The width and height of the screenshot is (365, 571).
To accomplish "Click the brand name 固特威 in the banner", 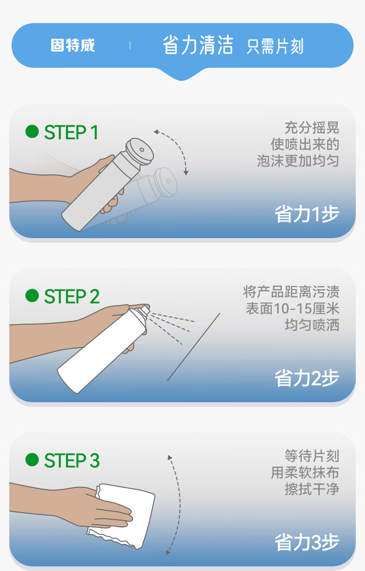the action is coord(73,45).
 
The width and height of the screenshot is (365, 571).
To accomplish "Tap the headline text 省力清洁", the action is coord(198,45).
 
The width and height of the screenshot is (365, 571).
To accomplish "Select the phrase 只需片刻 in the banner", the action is coord(275,46).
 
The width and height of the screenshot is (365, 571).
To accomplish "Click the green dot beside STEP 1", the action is coord(32,131).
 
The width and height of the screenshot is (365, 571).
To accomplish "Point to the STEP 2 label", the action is coord(72,296).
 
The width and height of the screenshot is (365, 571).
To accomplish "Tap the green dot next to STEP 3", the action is coord(32,460).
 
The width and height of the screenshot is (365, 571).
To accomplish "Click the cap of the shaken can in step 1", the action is coord(140,151).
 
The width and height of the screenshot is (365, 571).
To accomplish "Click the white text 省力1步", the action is coord(307,214).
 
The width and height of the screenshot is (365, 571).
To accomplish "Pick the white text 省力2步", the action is coord(307,378).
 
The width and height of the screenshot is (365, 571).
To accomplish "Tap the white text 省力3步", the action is coord(307,542).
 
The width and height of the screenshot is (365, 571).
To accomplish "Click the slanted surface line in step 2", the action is coord(194,347).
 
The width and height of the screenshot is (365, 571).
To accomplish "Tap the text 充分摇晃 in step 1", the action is coord(312,128).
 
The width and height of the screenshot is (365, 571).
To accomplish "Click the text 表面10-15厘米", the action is coord(292,308).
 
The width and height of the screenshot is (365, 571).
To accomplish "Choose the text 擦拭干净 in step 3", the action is coord(312,489).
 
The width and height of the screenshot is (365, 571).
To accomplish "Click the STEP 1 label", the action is coord(71,132).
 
